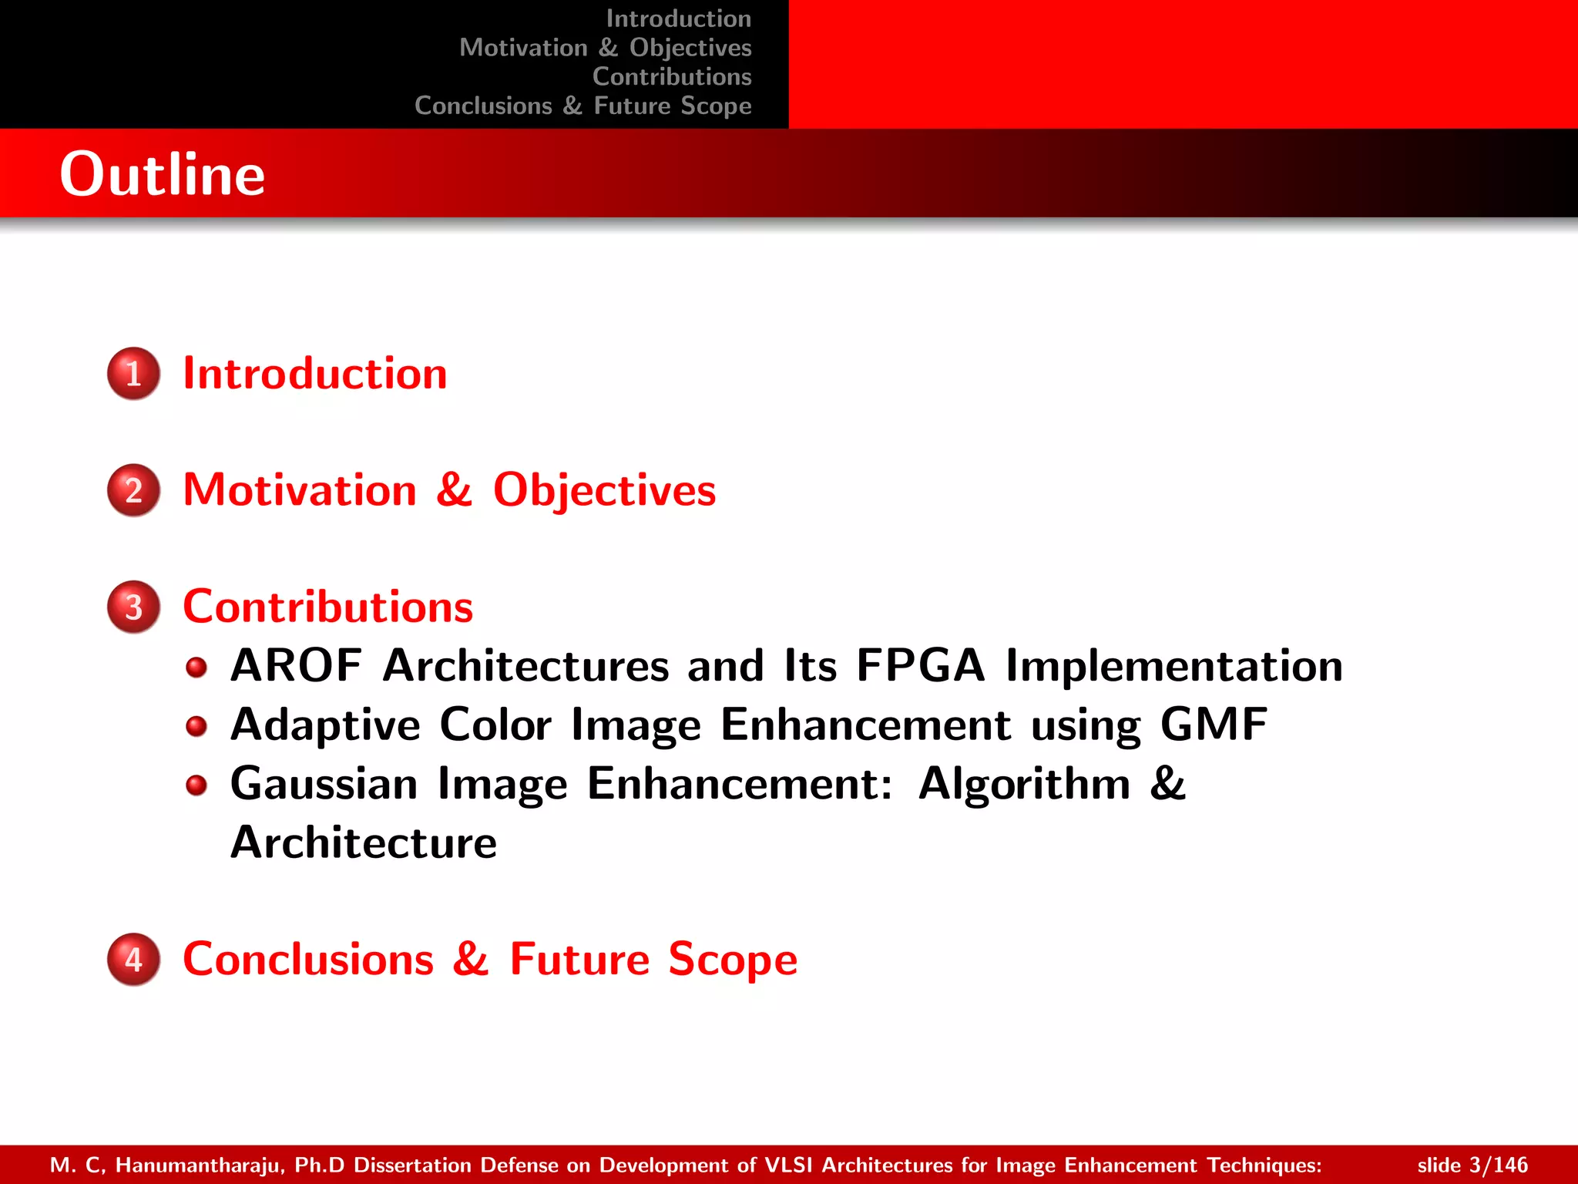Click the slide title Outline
click(x=163, y=174)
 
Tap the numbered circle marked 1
click(x=134, y=374)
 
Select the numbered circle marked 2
click(x=134, y=490)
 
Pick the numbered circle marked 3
click(x=134, y=607)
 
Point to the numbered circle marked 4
click(x=134, y=960)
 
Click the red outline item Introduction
click(x=314, y=374)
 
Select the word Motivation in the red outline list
click(x=300, y=490)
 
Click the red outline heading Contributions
click(x=327, y=607)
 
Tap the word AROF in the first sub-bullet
click(x=296, y=665)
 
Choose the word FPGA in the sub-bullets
click(x=920, y=665)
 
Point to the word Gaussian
click(x=324, y=784)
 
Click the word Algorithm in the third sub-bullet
click(x=1024, y=784)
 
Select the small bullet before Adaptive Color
click(x=197, y=726)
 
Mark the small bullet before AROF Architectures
click(x=197, y=667)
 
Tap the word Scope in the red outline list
click(x=732, y=960)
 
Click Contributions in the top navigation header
click(x=672, y=77)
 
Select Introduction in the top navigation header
click(x=678, y=18)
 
